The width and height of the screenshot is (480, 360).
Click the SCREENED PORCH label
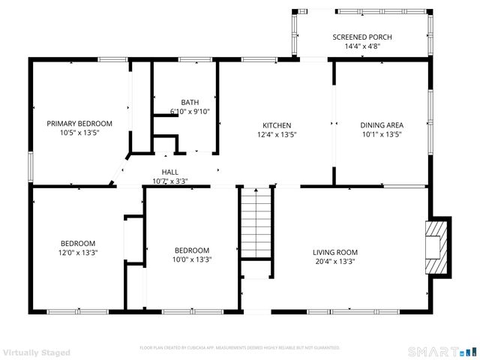362,37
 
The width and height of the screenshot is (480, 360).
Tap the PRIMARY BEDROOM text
79,123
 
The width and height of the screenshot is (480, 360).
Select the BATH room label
190,102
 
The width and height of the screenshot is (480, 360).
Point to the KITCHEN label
276,125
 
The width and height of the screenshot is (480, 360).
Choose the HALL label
169,172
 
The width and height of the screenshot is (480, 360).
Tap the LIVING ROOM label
334,252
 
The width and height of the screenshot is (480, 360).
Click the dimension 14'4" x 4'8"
362,46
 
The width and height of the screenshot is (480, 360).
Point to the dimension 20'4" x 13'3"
334,262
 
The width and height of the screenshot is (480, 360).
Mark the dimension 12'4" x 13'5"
276,136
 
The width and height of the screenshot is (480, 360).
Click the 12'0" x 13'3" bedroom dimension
78,253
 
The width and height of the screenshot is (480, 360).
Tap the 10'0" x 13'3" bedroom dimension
192,260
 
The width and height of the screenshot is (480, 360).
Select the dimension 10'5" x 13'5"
79,132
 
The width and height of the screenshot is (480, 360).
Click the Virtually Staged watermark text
37,352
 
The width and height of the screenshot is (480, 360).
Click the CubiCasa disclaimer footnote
240,348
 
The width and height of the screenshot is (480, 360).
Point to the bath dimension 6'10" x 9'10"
190,112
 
